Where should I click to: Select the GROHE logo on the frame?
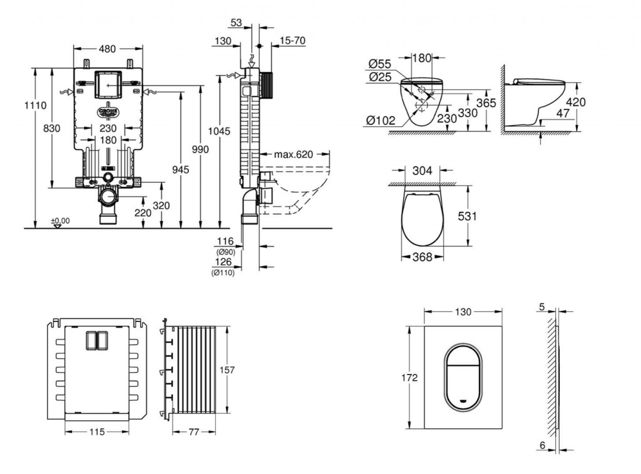[108, 112]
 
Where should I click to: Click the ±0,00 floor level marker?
[60, 220]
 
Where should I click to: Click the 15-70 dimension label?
[293, 41]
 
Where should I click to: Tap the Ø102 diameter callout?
[382, 121]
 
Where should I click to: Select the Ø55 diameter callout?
[380, 64]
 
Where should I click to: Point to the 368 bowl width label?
[422, 257]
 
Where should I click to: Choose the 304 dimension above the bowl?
[423, 169]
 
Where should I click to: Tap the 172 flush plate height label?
[410, 377]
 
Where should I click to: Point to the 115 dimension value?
[96, 431]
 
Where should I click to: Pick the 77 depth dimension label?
[193, 431]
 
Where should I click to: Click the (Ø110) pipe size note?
[222, 273]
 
